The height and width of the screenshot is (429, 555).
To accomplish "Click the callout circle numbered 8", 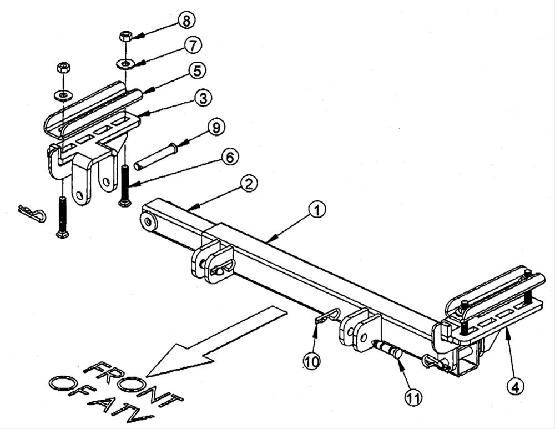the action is coord(186,21).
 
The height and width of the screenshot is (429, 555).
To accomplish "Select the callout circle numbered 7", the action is coord(193,46).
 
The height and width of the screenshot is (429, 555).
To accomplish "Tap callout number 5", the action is coord(197,71).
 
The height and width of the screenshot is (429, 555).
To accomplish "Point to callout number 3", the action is coord(203,98).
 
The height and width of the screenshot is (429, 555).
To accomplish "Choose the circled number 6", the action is coord(230,157).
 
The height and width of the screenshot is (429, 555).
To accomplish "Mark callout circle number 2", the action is coord(249,184).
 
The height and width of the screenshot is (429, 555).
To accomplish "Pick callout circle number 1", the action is coord(317,210).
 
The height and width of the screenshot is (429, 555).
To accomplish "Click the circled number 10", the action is coord(311,361).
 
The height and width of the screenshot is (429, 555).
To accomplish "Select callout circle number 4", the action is coord(515,386).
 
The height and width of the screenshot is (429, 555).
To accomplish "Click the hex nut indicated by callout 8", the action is coord(125,37).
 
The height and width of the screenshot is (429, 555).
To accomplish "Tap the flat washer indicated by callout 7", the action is coord(125,64).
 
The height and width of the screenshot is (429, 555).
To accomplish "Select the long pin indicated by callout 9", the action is coord(154,155).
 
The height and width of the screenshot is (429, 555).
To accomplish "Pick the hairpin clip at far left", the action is coord(32,214).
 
